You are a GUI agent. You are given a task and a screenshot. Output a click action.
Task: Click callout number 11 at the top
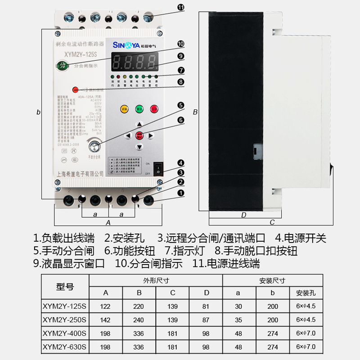tap(180, 8)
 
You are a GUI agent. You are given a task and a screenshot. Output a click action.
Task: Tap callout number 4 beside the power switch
tap(180, 163)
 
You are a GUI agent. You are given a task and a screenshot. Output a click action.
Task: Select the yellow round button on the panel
tap(125, 108)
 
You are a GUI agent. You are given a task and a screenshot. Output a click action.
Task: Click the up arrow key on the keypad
tap(139, 124)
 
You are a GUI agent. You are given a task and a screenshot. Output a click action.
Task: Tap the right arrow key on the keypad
tap(151, 135)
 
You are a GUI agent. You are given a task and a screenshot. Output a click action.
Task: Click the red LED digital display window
tap(135, 62)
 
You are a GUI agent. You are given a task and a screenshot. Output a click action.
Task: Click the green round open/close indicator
tap(63, 66)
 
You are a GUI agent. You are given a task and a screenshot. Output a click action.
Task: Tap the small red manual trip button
tap(76, 89)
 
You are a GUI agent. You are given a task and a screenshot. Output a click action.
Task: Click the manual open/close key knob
tap(95, 146)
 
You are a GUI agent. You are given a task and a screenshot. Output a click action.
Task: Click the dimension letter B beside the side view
tap(195, 112)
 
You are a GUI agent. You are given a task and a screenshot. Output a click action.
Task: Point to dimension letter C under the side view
tap(272, 222)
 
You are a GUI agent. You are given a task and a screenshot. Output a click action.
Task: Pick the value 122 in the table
tap(105, 306)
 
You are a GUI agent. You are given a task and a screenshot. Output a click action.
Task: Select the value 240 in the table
tap(139, 320)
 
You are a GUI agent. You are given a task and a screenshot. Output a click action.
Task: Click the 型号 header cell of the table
tap(65, 287)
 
